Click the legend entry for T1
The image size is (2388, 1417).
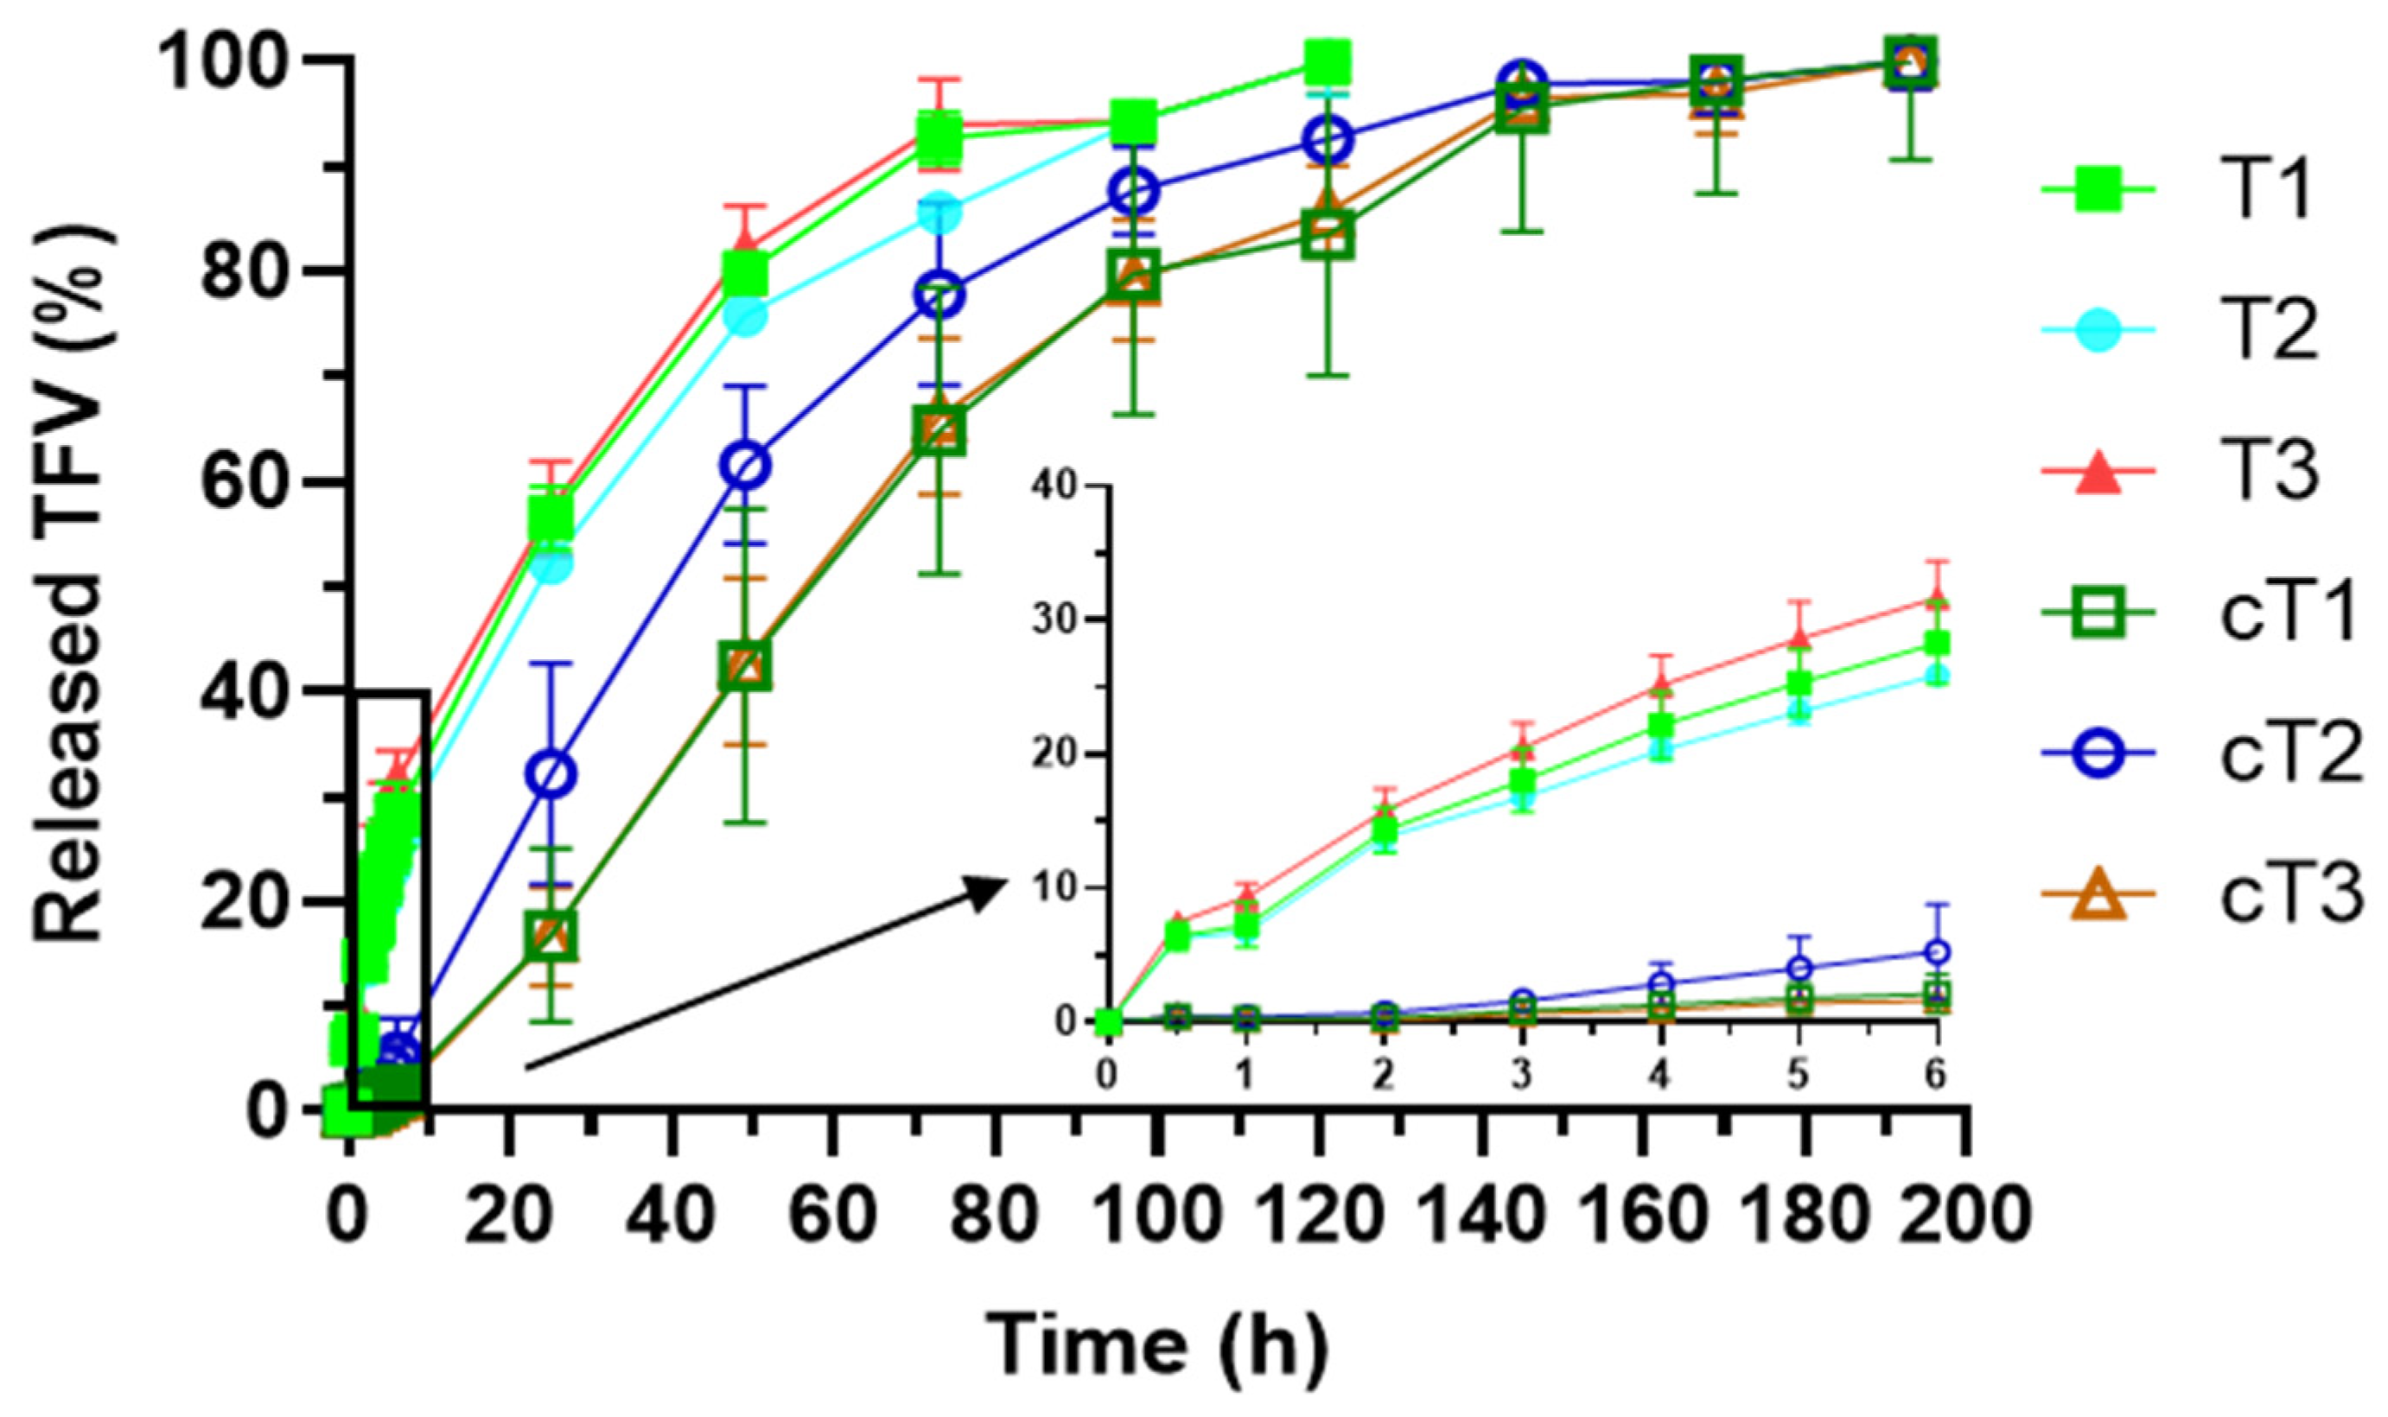click(x=2196, y=191)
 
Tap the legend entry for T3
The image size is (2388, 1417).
click(x=2196, y=473)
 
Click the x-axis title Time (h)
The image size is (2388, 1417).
click(x=1156, y=1346)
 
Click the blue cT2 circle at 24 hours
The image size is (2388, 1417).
click(x=552, y=774)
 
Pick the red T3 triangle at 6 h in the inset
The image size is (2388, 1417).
click(x=1936, y=599)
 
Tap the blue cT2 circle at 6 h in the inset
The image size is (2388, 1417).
click(x=1936, y=952)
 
